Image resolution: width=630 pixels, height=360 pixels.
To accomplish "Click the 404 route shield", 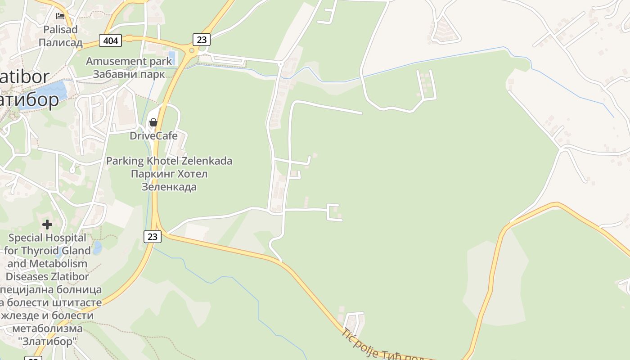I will point(110,41).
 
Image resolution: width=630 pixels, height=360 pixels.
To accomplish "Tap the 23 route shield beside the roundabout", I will point(202,40).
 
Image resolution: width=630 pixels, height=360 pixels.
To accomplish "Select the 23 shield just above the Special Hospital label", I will point(153,236).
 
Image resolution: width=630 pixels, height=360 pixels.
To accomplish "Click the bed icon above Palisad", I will point(60,16).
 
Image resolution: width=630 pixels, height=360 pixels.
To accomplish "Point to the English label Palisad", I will point(60,30).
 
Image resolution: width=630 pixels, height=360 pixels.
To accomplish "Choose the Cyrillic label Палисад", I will point(60,43).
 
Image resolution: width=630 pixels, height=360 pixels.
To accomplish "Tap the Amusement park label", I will point(129,61).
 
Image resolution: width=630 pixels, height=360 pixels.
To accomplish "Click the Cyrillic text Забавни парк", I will point(129,74).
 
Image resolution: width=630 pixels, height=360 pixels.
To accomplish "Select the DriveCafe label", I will point(153,135).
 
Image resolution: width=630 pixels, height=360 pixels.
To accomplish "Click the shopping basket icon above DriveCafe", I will point(153,122).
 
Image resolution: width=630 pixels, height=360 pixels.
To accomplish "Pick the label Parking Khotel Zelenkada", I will point(169,161).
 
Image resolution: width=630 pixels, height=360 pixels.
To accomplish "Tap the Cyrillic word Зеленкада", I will point(169,186).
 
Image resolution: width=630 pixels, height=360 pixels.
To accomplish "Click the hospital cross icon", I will point(47,224).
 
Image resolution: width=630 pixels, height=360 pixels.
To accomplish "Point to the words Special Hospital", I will point(47,238).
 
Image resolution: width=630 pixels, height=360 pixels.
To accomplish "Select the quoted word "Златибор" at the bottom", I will point(47,342).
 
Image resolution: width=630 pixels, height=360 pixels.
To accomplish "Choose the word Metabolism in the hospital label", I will point(59,263).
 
